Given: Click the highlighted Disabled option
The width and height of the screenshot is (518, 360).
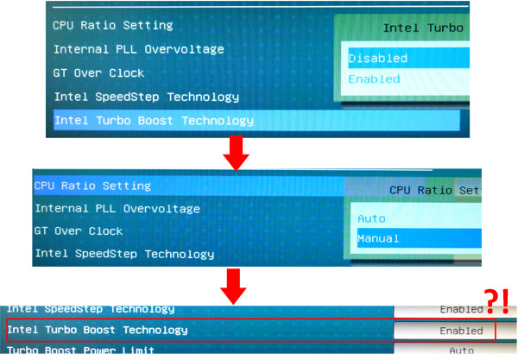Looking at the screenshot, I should (x=378, y=59).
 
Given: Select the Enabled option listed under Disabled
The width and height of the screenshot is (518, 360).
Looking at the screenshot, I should (x=375, y=79).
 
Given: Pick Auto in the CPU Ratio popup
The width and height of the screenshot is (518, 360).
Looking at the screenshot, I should (x=371, y=218).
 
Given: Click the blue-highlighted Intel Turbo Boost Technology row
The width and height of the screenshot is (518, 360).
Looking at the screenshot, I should (x=154, y=120).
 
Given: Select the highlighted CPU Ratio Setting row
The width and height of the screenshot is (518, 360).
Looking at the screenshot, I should (x=92, y=186).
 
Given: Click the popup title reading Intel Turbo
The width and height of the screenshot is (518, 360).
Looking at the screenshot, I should (x=422, y=28).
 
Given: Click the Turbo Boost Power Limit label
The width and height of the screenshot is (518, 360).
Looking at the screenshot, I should (x=81, y=351).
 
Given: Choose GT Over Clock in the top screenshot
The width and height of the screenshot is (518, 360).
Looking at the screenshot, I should (x=99, y=73).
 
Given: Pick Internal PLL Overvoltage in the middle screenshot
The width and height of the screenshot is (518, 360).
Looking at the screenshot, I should (x=117, y=208).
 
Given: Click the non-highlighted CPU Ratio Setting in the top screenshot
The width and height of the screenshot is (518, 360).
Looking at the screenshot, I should (x=112, y=26).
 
